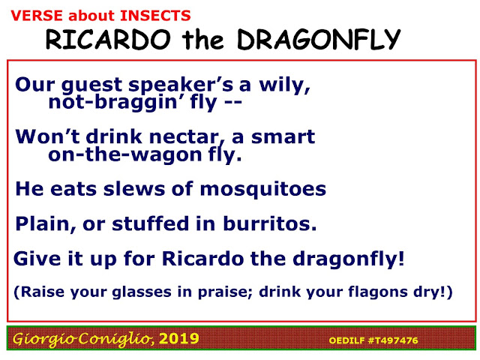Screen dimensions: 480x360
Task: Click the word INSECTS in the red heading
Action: pyautogui.click(x=155, y=16)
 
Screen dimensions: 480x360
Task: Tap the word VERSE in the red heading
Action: pyautogui.click(x=37, y=16)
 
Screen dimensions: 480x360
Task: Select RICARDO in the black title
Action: pyautogui.click(x=108, y=40)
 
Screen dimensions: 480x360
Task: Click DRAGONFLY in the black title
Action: pyautogui.click(x=319, y=40)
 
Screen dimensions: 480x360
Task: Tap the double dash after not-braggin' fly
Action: pyautogui.click(x=233, y=102)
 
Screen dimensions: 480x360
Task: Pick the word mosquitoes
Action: pyautogui.click(x=263, y=190)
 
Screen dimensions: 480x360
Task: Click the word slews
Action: pyautogui.click(x=134, y=189)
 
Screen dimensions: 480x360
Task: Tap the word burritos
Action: pyautogui.click(x=270, y=223)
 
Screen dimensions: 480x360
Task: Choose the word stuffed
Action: pyautogui.click(x=150, y=223)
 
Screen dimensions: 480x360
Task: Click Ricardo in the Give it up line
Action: pyautogui.click(x=202, y=259)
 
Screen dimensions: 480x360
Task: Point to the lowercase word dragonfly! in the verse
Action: pyautogui.click(x=348, y=259)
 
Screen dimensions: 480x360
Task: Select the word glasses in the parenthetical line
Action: pyautogui.click(x=142, y=292)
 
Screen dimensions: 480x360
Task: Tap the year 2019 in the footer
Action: pyautogui.click(x=179, y=339)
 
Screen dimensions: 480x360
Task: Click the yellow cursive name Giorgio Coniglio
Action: pyautogui.click(x=83, y=339)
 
